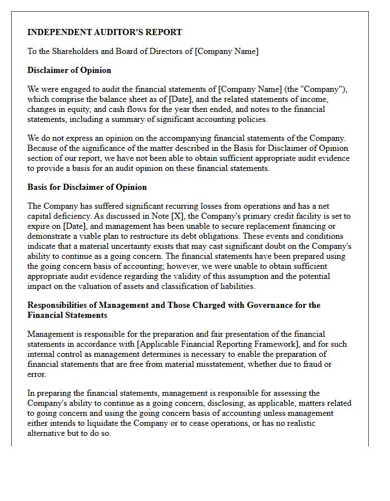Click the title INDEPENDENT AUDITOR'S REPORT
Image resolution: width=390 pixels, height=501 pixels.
(105, 32)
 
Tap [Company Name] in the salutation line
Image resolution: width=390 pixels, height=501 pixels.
(226, 51)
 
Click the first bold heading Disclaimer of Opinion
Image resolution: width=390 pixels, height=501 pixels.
(69, 70)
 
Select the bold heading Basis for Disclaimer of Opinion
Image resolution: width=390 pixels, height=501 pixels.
(87, 187)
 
